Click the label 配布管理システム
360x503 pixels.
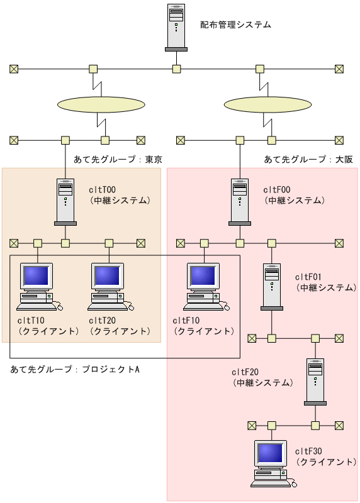coord(235,25)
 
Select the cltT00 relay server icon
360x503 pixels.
coord(65,202)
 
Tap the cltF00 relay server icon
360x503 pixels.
coord(240,202)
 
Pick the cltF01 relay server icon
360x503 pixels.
coord(271,287)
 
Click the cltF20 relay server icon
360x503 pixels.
coord(315,383)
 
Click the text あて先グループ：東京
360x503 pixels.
coord(118,160)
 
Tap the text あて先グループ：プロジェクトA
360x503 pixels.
coord(75,369)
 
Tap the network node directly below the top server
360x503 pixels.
coord(177,69)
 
